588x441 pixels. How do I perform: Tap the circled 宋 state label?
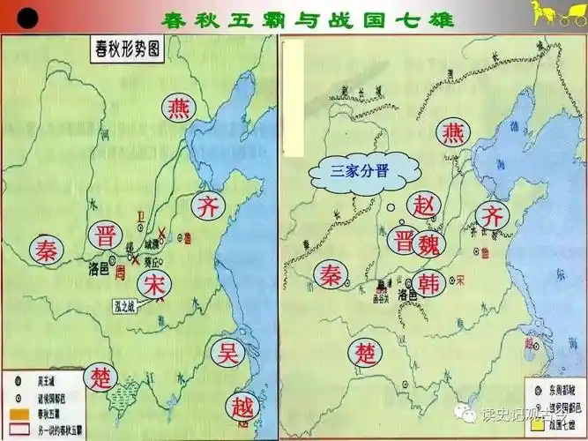click(x=153, y=285)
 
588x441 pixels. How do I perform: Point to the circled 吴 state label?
click(x=228, y=353)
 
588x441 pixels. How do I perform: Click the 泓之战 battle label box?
click(x=131, y=307)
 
